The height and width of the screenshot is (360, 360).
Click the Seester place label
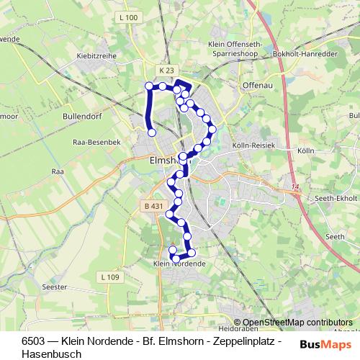pyautogui.click(x=55, y=287)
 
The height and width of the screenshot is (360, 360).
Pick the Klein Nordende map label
pyautogui.click(x=180, y=264)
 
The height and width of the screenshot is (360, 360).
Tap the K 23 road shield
pyautogui.click(x=167, y=70)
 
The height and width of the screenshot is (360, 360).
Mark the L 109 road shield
pyautogui.click(x=109, y=277)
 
